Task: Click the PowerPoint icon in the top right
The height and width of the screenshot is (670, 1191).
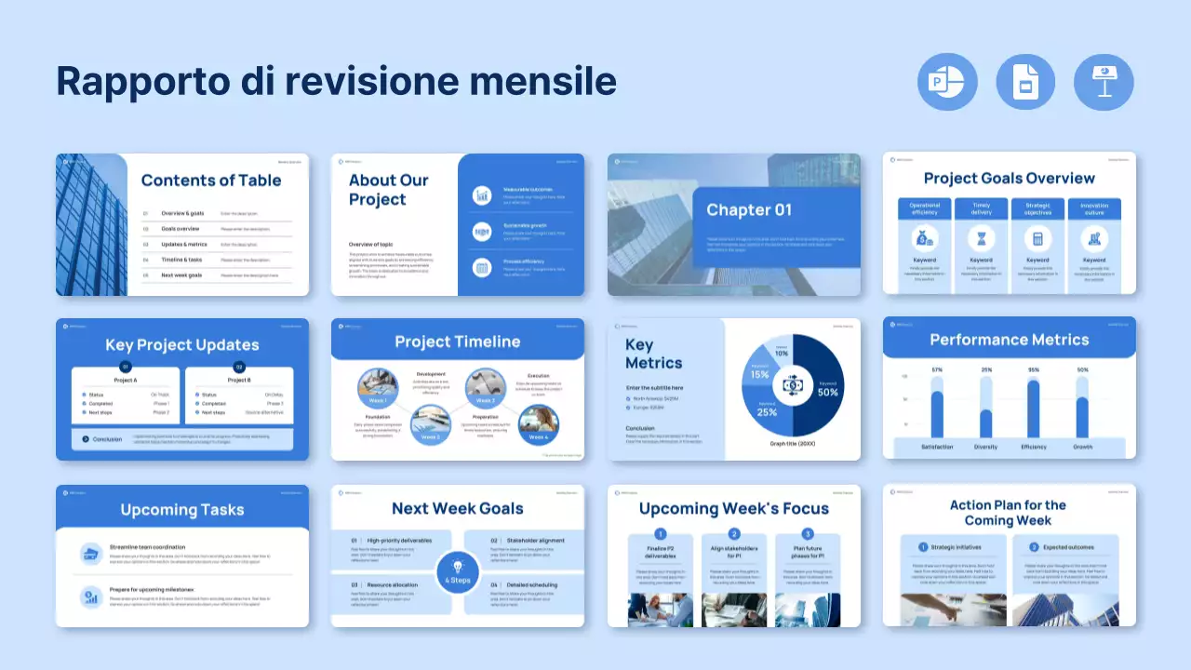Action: [x=947, y=82]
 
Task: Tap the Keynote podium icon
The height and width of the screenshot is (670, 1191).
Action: [x=1104, y=82]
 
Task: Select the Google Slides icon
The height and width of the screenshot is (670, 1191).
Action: [x=1025, y=82]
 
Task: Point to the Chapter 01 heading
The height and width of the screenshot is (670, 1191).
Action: [x=749, y=209]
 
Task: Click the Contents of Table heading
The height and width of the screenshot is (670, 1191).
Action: [x=211, y=181]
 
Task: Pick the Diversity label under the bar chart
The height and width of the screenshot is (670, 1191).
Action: [x=986, y=447]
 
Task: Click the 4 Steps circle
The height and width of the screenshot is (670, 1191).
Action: [x=458, y=570]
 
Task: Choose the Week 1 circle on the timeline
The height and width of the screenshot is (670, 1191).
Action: [x=378, y=390]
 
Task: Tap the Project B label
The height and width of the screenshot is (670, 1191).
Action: [x=239, y=380]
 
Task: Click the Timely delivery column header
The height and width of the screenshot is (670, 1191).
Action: [x=981, y=209]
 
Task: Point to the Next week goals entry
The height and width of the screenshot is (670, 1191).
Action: [x=181, y=275]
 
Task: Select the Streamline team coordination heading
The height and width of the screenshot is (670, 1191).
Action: [x=147, y=547]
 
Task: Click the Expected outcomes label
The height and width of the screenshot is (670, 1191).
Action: [x=1068, y=547]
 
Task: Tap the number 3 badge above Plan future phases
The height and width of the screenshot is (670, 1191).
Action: [x=808, y=533]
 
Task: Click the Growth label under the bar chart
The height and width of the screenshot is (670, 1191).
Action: [x=1083, y=447]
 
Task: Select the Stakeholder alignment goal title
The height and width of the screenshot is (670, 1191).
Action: [x=535, y=540]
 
